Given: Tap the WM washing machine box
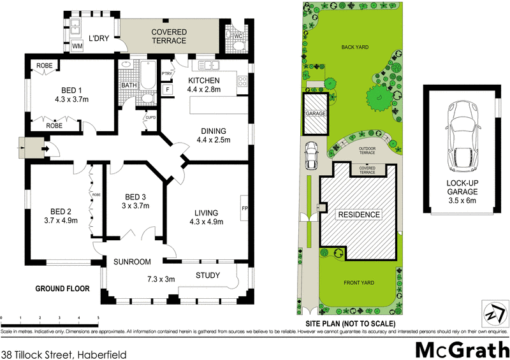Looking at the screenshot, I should click(77, 46).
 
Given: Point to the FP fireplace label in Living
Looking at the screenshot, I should click(244, 208).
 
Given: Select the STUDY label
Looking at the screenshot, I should click(208, 275).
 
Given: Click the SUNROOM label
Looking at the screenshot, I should click(132, 262).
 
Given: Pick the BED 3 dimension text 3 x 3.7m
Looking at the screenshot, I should click(136, 206).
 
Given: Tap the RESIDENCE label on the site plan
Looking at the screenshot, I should click(358, 215).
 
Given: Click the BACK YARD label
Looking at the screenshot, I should click(355, 47).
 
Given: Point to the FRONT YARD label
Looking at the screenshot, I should click(358, 283).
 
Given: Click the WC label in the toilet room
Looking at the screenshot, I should click(237, 36).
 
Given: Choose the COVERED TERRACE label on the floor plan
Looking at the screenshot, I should click(168, 36).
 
